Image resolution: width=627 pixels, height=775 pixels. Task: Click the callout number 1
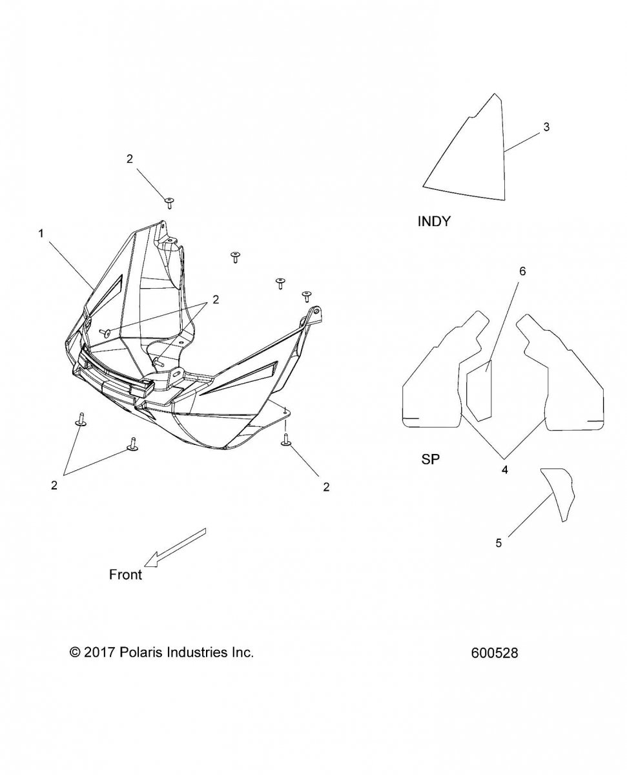coord(41,233)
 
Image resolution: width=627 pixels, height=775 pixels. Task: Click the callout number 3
coord(546,127)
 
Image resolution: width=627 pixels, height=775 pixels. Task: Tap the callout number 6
coord(522,271)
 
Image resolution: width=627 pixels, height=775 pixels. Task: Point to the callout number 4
coord(504,470)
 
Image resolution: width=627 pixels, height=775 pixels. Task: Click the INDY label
coord(434,222)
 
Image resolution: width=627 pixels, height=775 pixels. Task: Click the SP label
coord(430,459)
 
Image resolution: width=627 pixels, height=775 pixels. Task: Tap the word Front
coord(125,574)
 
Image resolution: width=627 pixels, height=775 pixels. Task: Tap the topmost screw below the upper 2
coord(169,203)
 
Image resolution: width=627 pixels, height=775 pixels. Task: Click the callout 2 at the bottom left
coord(54,485)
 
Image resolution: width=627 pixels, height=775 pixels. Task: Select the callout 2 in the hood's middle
coord(216,300)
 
